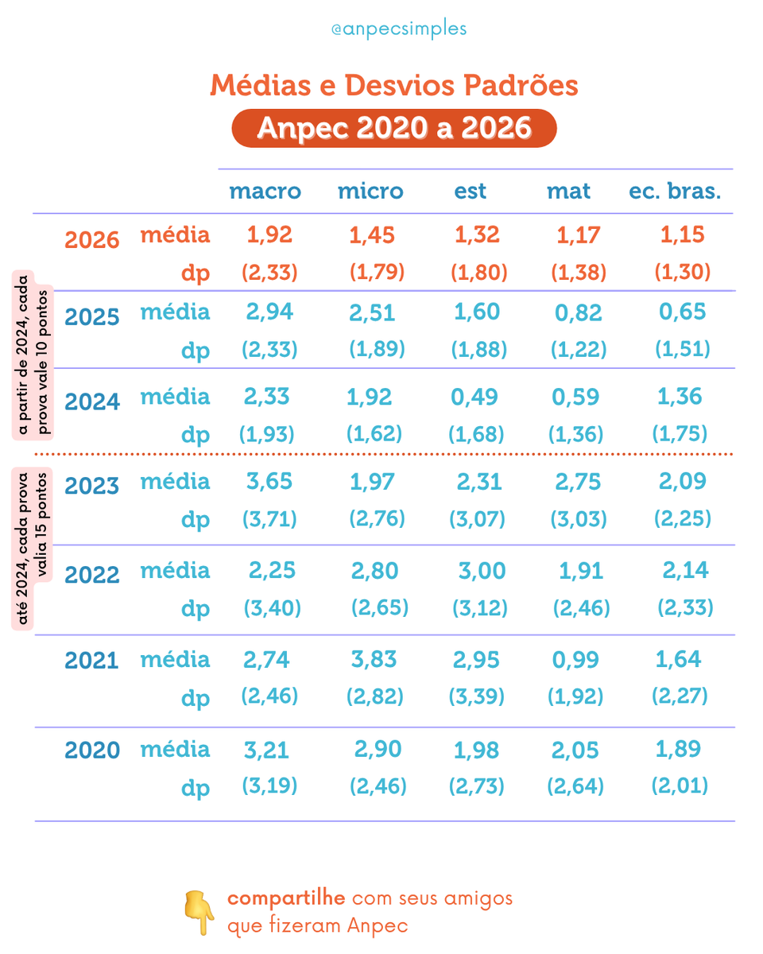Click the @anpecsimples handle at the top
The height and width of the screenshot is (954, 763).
coord(399,29)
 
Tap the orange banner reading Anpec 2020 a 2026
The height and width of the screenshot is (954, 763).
coord(394,128)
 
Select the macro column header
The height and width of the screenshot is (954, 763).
coord(265,192)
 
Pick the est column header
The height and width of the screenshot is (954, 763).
coord(471,192)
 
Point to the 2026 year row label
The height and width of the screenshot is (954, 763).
coord(92,241)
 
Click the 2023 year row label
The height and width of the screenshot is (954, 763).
coord(92,486)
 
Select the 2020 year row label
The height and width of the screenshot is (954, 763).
coord(92,750)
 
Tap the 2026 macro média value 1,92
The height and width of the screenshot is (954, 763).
coord(269,235)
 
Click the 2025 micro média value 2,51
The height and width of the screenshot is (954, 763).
coord(373,312)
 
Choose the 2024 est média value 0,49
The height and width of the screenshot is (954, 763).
coord(475,397)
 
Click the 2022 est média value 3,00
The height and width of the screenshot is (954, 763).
coord(479,571)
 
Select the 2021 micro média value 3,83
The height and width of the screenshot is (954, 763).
coord(374,659)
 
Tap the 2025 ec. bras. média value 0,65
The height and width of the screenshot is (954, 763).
coord(682,312)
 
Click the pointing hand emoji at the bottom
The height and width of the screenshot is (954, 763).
coord(199,912)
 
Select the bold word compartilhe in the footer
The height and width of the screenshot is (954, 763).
coord(286,898)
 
